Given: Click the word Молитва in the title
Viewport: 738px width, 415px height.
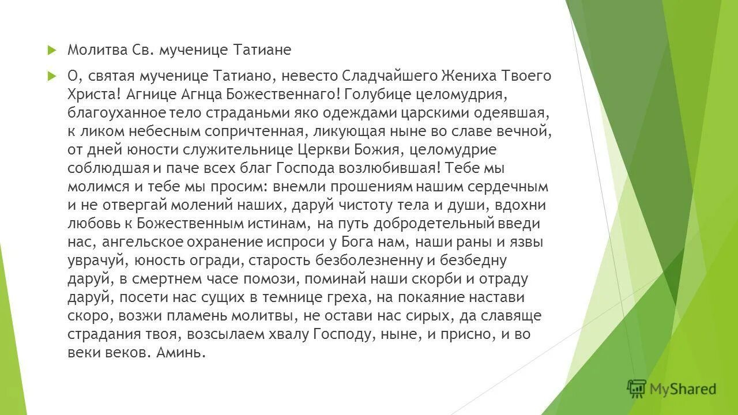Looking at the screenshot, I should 92,50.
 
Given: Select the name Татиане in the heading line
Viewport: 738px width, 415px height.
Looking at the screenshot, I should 262,50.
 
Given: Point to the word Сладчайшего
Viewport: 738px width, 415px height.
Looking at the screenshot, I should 390,76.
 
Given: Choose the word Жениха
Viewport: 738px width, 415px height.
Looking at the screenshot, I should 468,76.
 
